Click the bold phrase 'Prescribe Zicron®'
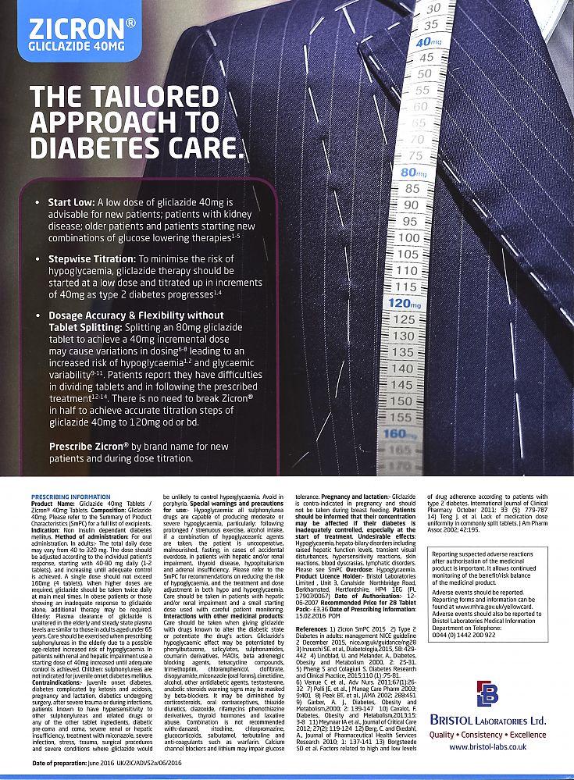tap(89, 447)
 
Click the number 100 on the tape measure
tap(409, 237)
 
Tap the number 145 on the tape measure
tap(401, 384)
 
